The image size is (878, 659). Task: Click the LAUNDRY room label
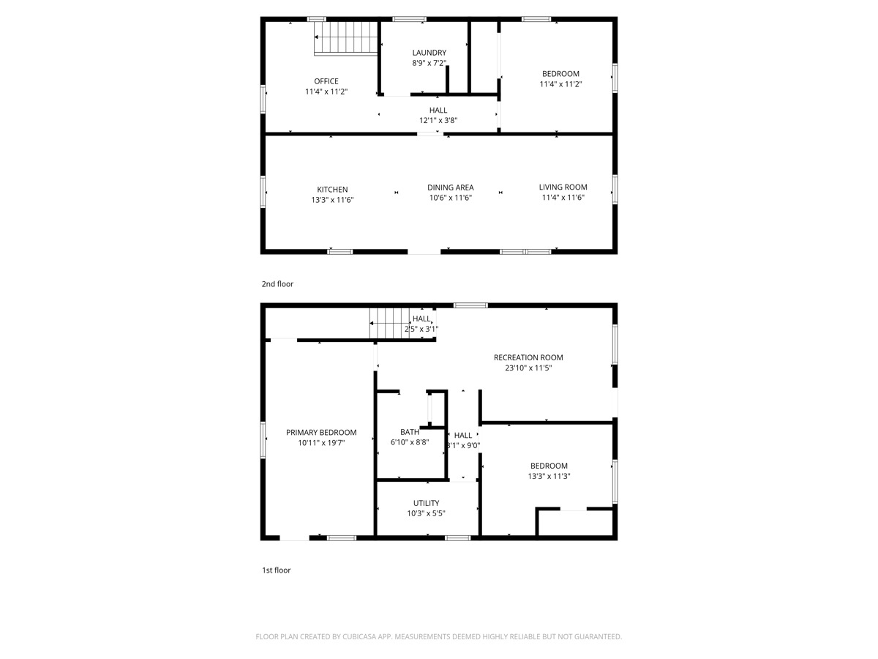(429, 53)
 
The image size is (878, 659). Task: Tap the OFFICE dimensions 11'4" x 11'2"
(326, 92)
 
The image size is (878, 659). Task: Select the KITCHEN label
(332, 190)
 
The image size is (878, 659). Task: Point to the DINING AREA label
(451, 187)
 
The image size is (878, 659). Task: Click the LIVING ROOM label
(563, 187)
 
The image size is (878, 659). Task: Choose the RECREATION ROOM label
(528, 358)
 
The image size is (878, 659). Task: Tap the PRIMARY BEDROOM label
(321, 433)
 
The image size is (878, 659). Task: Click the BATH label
(410, 432)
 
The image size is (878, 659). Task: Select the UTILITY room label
(427, 503)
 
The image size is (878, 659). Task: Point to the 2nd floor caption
(277, 284)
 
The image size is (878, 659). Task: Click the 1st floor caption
(277, 570)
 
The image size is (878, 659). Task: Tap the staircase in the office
(346, 38)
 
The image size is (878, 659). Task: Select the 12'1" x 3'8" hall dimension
(438, 120)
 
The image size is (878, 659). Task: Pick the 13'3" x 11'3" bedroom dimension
(549, 476)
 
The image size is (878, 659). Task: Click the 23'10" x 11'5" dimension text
(528, 368)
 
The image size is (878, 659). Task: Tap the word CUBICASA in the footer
(359, 636)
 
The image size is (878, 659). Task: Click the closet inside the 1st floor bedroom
(574, 522)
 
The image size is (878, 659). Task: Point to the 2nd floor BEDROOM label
(560, 74)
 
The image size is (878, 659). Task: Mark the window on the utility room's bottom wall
(458, 538)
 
